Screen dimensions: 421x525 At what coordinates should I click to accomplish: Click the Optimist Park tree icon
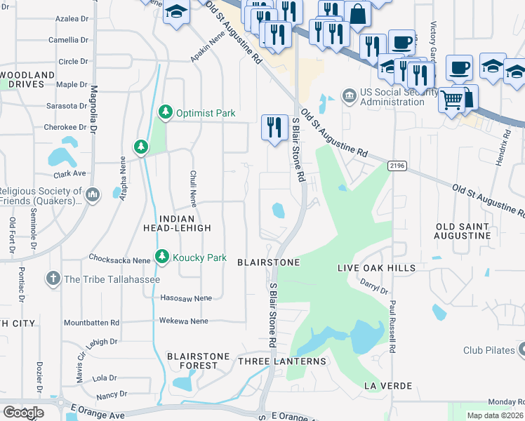point(165,112)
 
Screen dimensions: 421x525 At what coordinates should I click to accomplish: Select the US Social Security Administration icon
point(349,95)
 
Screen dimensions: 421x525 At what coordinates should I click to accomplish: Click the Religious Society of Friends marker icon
point(92,194)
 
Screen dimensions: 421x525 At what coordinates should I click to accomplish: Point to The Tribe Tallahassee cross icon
point(53,279)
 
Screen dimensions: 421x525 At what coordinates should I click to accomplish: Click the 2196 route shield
point(397,164)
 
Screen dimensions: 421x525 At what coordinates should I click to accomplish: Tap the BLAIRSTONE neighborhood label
point(268,262)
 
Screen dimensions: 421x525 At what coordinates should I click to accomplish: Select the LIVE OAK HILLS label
point(376,268)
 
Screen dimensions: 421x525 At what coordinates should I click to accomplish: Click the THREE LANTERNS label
point(282,361)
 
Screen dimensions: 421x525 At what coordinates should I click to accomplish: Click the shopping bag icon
point(357,14)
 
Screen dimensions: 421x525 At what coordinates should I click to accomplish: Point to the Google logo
point(22,412)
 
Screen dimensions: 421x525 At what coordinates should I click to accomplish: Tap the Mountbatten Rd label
point(91,323)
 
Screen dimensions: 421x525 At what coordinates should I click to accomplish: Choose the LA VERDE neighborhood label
point(387,386)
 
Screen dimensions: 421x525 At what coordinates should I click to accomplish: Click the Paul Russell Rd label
point(394,329)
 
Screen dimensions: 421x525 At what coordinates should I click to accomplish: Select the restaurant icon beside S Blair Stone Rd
point(272,126)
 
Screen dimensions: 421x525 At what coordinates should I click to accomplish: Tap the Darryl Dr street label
point(374,286)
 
